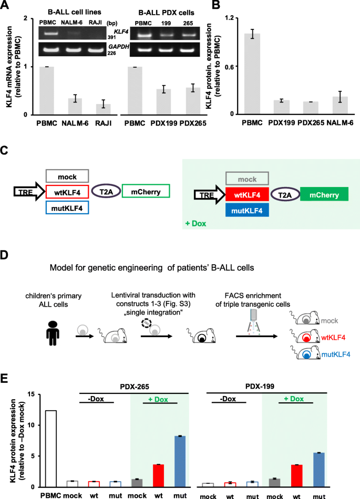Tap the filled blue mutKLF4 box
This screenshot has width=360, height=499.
248,210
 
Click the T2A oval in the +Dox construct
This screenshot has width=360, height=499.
284,195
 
